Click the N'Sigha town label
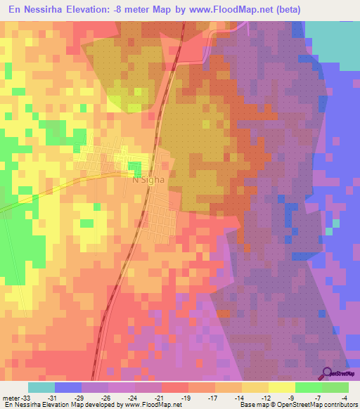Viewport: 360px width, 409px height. pos(148,179)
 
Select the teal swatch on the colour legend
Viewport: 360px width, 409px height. pos(41,387)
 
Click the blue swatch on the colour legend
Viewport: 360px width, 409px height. pos(68,387)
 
